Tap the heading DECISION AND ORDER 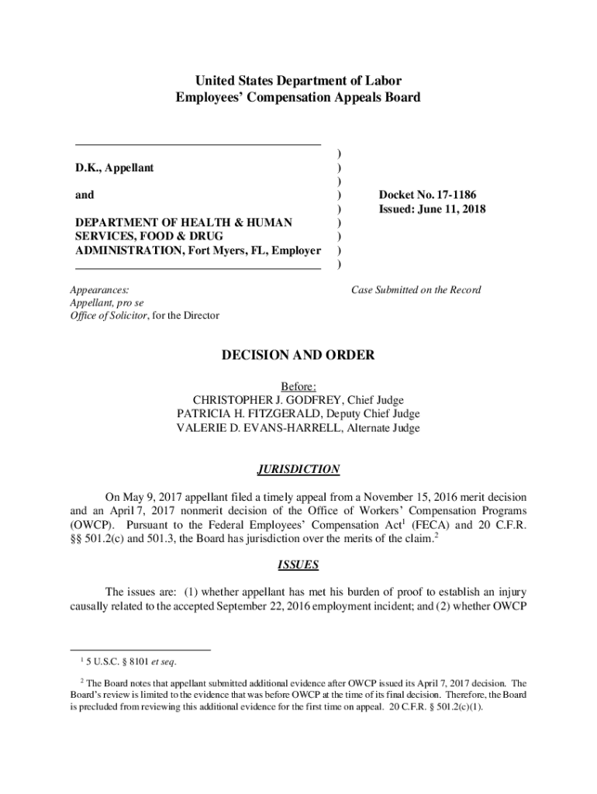coord(298,355)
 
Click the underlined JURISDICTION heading coord(298,470)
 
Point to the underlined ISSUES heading coord(298,565)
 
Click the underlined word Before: coord(298,386)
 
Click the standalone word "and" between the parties coord(85,195)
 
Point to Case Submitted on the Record coord(416,290)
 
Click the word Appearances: coord(99,290)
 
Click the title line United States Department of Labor coord(298,81)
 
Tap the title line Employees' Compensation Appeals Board coord(298,97)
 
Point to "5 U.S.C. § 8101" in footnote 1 coord(116,661)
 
